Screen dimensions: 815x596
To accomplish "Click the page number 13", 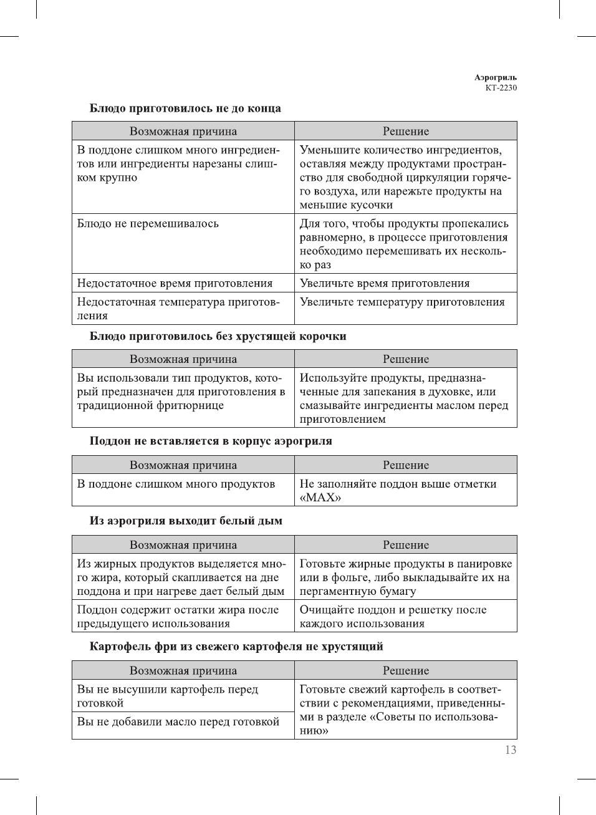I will point(511,750).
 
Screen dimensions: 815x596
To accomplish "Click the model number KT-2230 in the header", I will point(501,88).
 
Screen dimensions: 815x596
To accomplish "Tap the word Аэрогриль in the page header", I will point(495,78).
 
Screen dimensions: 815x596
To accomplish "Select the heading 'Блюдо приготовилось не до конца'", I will point(185,109).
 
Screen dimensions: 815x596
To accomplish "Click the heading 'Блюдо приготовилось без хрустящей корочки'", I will point(218,336).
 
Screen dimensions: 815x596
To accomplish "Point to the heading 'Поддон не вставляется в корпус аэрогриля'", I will point(211,441).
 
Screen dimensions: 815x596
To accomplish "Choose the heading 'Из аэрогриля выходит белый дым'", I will point(186,521).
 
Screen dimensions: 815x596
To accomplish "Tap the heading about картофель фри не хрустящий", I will point(236,646).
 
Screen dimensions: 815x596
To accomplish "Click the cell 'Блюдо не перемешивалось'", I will point(148,223).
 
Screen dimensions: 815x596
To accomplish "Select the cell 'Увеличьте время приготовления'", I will point(385,283).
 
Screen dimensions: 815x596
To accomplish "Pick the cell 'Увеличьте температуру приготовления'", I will point(402,302).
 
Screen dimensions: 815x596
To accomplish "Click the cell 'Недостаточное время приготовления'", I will point(175,283).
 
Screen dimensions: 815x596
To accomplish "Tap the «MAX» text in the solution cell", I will point(320,498).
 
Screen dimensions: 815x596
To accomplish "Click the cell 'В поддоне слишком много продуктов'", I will point(176,484).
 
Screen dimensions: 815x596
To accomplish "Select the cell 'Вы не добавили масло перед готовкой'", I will point(178,721).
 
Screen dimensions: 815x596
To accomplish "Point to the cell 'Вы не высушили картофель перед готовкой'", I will point(167,696).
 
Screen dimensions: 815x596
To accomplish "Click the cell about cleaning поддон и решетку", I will point(393,616).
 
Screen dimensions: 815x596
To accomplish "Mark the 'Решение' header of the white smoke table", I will point(406,545).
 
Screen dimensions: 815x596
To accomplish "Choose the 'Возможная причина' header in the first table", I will point(183,131).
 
